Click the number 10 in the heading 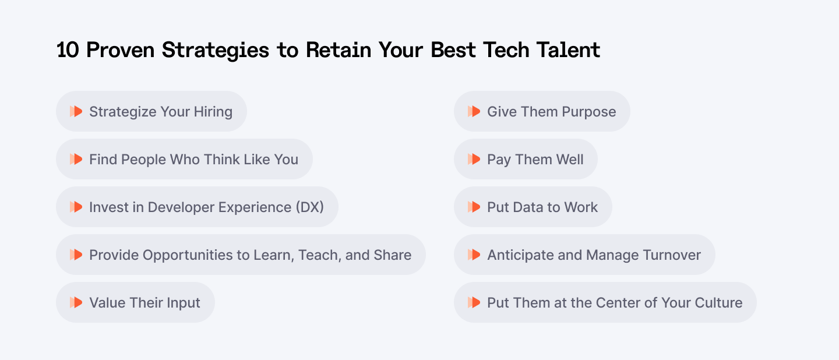[68, 50]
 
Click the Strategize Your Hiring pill [151, 111]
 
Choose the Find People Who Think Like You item [184, 159]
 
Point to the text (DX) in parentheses [309, 207]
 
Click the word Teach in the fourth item [319, 255]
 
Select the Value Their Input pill [135, 302]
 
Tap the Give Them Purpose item [542, 111]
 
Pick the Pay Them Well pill [526, 159]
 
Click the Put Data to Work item [533, 207]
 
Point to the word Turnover [668, 255]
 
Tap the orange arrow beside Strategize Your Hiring [76, 111]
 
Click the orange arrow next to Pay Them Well [474, 159]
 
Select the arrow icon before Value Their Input [76, 302]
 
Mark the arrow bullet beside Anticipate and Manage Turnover [474, 255]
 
